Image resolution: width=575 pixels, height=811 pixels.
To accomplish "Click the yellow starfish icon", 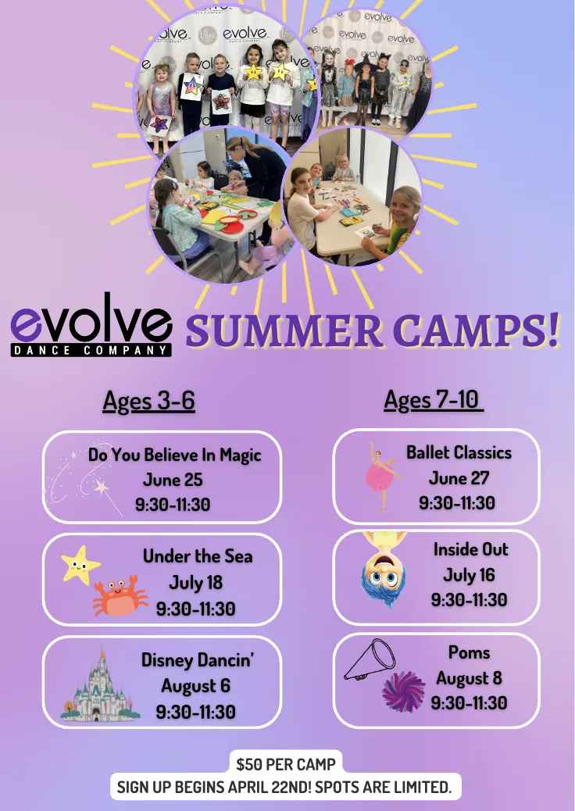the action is (x=80, y=565).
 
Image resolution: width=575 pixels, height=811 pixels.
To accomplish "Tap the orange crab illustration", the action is (x=120, y=595).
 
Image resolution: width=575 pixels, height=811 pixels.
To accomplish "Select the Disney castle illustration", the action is (x=100, y=684).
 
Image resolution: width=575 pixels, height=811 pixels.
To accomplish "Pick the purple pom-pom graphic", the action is (x=403, y=691).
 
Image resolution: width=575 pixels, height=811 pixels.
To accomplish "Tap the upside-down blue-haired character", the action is (x=384, y=569).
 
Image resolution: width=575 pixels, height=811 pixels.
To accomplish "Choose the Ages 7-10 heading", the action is (x=434, y=399).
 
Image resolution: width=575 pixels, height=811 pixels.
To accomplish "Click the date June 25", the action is (x=173, y=480).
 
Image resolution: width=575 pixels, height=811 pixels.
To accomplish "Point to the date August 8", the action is (x=469, y=677).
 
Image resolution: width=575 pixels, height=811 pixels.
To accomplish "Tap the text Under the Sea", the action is (x=198, y=556).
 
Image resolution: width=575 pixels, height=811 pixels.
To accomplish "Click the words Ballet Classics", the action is (x=459, y=452).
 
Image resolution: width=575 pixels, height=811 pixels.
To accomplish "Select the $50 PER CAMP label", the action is (x=286, y=764).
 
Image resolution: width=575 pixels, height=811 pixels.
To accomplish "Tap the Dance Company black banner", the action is (x=91, y=350).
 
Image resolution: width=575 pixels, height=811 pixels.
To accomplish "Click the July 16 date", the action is (x=469, y=574).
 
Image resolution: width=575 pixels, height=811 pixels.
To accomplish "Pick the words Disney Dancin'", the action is (x=198, y=660).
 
